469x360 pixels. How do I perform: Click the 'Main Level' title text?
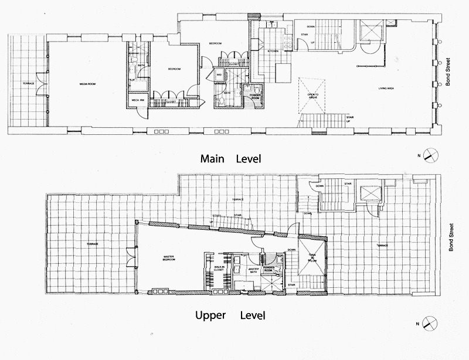tap(230, 158)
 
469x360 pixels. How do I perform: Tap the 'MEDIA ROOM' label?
tap(88, 84)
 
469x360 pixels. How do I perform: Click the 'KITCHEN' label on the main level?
tap(273, 52)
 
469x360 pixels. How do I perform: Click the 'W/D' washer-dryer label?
tap(218, 75)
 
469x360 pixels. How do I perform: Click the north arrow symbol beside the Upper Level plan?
tap(430, 323)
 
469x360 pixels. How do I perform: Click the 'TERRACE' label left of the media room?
tap(28, 84)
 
